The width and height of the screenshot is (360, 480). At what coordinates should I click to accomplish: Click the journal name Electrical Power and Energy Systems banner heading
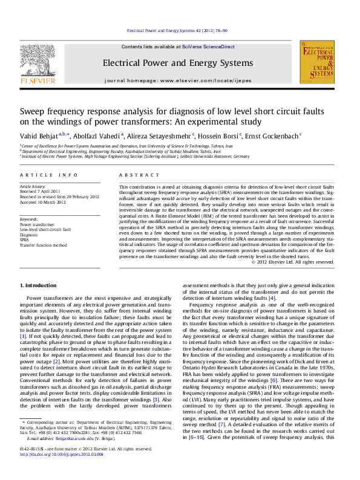[x=177, y=63]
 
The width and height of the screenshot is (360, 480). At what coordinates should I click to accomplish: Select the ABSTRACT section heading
[x=134, y=175]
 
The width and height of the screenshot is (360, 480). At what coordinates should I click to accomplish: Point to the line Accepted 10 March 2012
[x=44, y=201]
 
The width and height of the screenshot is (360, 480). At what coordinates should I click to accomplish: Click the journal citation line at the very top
[x=180, y=30]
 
